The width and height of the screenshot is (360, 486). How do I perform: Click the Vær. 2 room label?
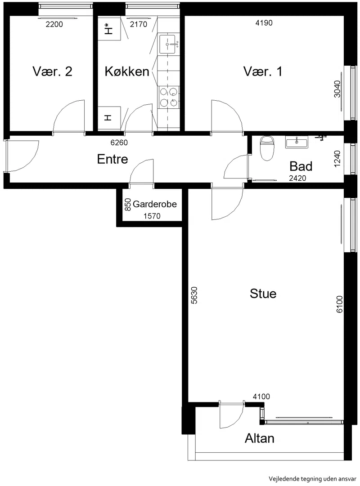(53, 71)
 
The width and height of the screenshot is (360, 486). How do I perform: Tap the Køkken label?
(127, 71)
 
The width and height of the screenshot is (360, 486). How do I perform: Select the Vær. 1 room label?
(263, 71)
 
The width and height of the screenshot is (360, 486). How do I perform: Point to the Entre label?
(112, 159)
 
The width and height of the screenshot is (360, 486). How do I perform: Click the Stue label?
(263, 294)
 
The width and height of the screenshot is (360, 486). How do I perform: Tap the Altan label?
(260, 438)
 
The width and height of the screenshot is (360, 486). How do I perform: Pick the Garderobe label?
(154, 204)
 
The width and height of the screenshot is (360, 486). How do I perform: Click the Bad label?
(301, 166)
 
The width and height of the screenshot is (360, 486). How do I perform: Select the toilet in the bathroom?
(267, 148)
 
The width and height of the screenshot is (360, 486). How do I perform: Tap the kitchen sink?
(168, 44)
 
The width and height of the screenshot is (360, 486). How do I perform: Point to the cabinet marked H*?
(109, 28)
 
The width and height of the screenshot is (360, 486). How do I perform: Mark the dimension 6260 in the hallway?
(119, 143)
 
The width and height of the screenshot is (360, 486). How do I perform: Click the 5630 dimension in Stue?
(194, 295)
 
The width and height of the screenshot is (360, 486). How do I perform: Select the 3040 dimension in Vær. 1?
(337, 89)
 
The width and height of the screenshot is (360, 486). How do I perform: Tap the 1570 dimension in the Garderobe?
(152, 216)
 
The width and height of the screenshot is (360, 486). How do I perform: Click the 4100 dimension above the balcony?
(261, 397)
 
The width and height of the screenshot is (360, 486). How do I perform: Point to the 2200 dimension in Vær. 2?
(54, 24)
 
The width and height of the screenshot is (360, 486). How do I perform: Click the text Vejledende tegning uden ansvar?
(312, 479)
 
